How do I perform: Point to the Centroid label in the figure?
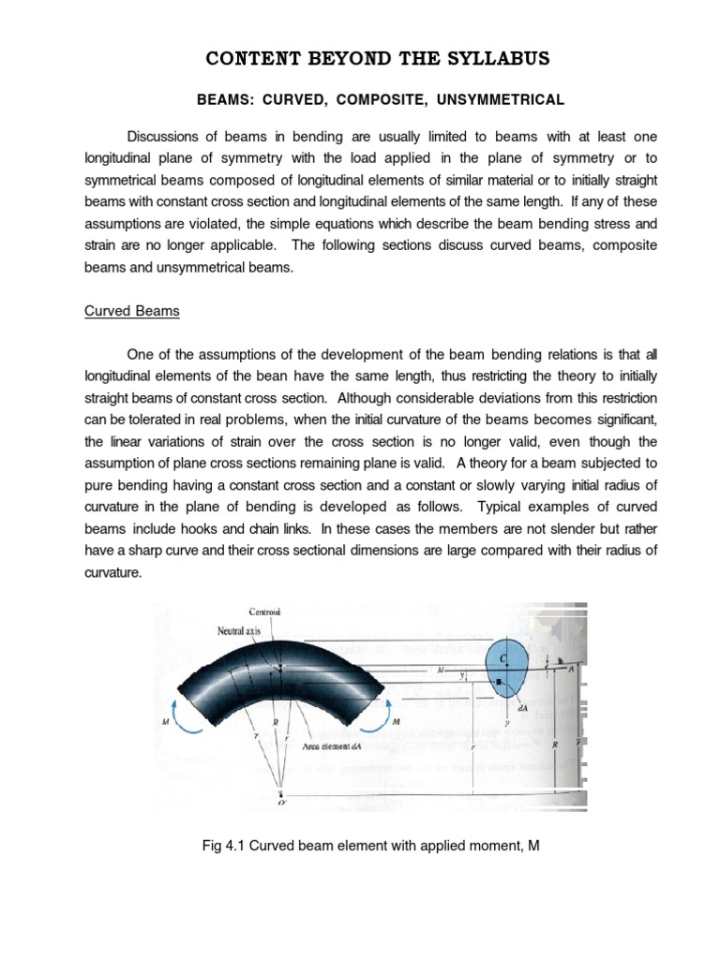coord(264,612)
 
